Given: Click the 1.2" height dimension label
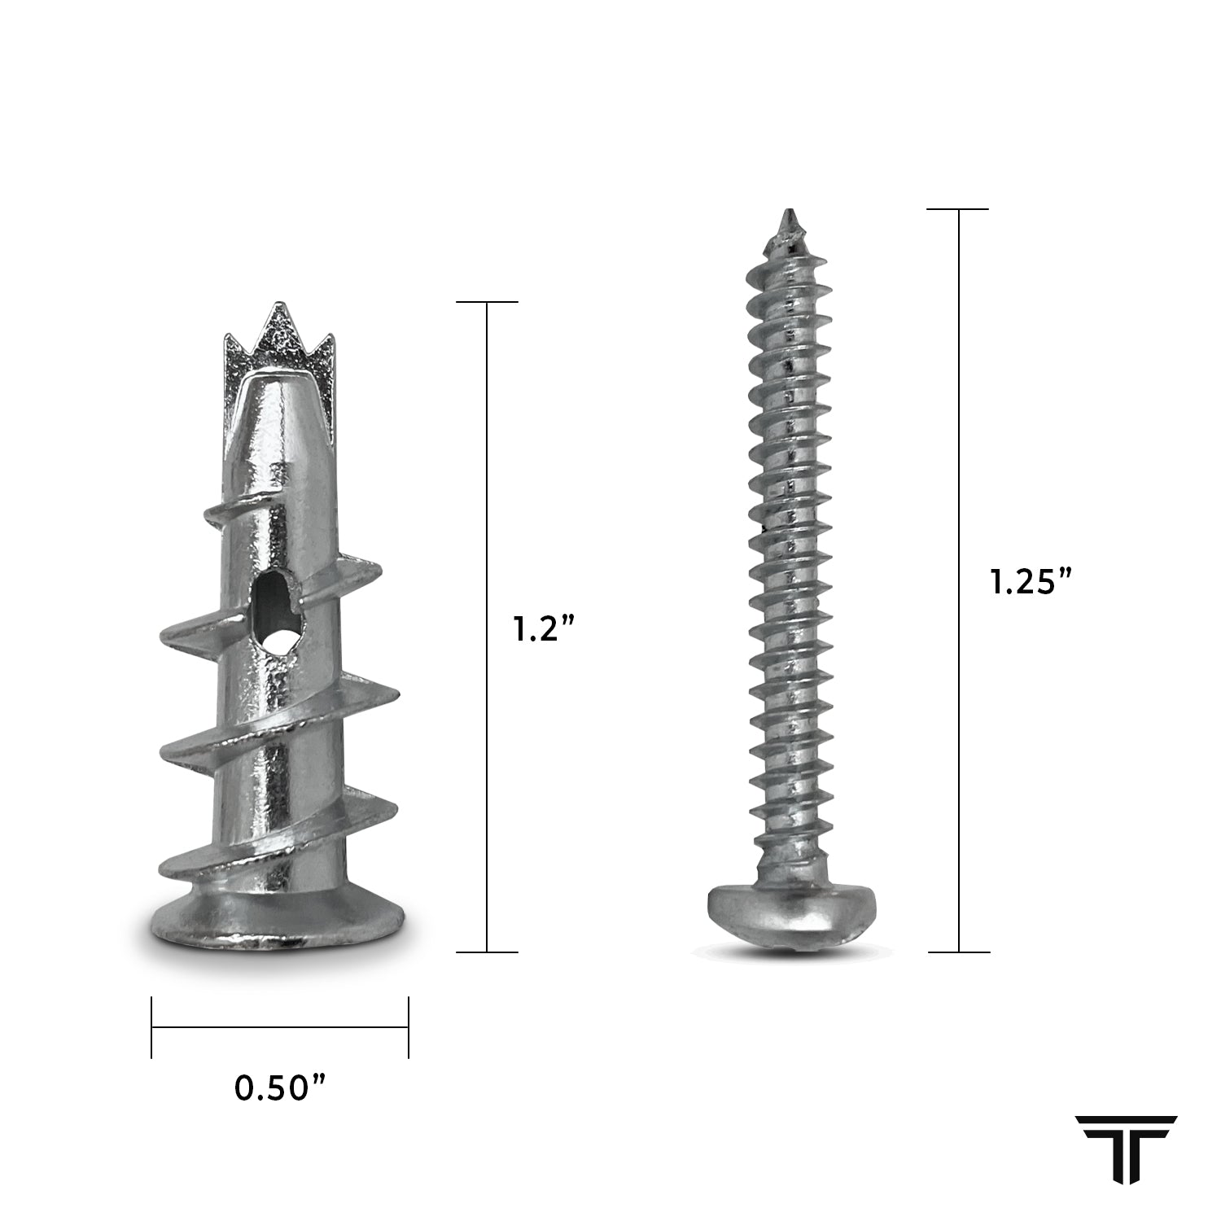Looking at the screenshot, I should tap(545, 628).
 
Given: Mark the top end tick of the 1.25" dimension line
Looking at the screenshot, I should tap(959, 209).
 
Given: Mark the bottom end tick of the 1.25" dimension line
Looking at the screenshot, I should tap(959, 952).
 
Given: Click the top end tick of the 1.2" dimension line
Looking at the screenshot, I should tap(487, 302).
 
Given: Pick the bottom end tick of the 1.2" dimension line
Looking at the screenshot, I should tap(487, 952).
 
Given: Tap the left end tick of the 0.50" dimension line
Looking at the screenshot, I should tap(151, 1027).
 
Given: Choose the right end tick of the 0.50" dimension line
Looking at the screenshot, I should tap(409, 1027).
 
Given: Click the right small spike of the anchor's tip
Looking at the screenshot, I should tap(327, 350).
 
